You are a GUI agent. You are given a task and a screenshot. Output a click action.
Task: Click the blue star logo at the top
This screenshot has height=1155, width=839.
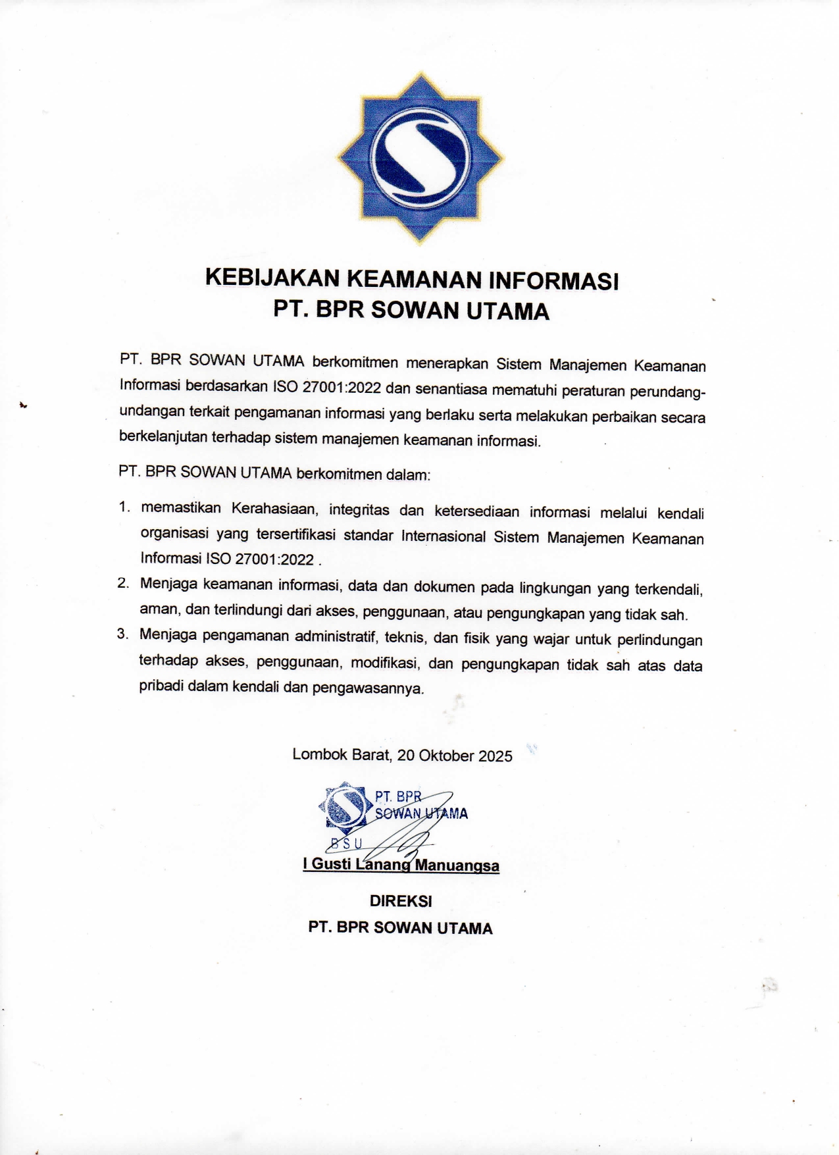(x=420, y=159)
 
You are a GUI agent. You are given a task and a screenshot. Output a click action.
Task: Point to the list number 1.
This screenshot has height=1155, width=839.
(x=124, y=507)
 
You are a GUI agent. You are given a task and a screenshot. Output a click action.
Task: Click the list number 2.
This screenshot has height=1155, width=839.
(x=123, y=582)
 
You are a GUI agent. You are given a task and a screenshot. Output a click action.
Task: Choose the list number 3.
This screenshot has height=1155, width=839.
(x=122, y=634)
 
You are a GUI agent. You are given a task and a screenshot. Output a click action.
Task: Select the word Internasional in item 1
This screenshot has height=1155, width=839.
(x=444, y=536)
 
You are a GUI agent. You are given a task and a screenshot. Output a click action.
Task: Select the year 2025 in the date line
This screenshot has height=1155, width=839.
(x=495, y=756)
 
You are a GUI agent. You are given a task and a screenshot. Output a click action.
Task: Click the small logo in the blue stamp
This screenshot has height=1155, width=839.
(x=343, y=806)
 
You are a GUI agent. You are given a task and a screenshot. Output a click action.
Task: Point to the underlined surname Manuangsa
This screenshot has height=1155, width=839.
(x=457, y=865)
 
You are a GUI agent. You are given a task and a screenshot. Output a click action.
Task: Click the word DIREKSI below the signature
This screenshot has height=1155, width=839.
(x=401, y=901)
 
